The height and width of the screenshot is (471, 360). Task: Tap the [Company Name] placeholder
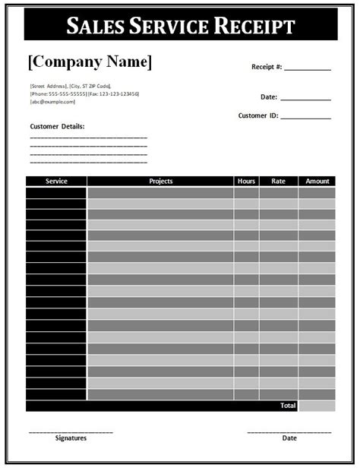(x=90, y=62)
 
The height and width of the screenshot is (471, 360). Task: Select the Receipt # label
(x=267, y=67)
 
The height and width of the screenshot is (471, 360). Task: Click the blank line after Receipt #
(x=308, y=68)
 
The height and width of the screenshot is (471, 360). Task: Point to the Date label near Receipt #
(x=268, y=97)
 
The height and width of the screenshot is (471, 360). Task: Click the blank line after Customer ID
(x=308, y=118)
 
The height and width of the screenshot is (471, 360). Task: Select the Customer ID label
(x=258, y=116)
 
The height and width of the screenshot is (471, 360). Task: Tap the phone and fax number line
(x=84, y=93)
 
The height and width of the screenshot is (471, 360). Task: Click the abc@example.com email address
(x=52, y=101)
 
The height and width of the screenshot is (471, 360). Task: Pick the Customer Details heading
(x=57, y=126)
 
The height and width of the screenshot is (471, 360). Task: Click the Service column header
(x=56, y=182)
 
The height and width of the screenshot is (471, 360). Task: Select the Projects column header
(x=160, y=182)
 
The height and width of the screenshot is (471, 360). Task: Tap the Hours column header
(x=246, y=182)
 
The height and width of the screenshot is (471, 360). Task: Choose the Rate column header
(x=278, y=182)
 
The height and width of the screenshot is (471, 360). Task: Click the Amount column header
(x=317, y=182)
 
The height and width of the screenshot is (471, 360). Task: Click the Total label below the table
(x=288, y=406)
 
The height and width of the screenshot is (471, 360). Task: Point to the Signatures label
(x=71, y=438)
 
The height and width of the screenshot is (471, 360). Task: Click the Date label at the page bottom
(x=289, y=438)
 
